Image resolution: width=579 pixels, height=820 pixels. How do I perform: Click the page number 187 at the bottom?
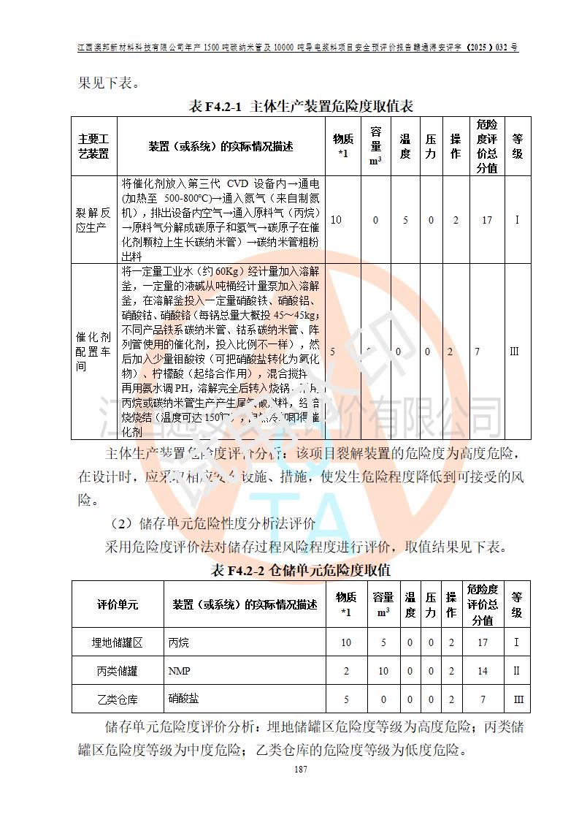(x=299, y=770)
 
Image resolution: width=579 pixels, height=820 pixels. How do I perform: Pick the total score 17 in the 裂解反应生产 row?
(x=486, y=219)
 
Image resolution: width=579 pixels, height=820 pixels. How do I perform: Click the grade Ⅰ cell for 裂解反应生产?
(x=517, y=219)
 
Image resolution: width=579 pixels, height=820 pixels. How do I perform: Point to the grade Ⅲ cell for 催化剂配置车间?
(x=515, y=352)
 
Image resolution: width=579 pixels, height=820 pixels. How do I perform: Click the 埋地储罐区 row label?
(x=117, y=642)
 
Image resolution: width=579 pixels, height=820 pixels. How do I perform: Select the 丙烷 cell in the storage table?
(x=179, y=642)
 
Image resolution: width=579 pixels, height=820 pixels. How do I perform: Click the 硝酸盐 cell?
(x=183, y=699)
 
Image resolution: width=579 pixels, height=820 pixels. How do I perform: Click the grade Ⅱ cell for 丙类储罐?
(x=517, y=670)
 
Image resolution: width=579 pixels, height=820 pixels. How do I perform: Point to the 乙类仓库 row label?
(x=117, y=699)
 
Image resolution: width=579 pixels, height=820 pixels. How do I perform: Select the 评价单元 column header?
(x=117, y=604)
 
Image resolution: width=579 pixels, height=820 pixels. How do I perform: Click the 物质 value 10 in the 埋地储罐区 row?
(x=346, y=642)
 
